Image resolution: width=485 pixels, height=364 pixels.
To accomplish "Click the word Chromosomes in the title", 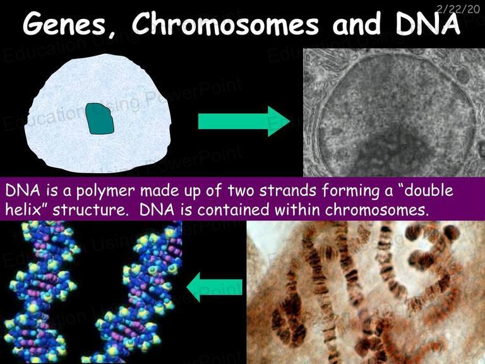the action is click(225, 23).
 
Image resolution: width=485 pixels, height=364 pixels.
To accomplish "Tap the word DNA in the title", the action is click(428, 23).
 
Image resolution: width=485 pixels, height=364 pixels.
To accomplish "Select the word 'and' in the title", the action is click(357, 24).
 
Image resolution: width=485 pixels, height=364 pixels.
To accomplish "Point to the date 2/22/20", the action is click(458, 9).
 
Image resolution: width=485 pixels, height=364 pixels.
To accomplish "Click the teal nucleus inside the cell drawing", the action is click(100, 119).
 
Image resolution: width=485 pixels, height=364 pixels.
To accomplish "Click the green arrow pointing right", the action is click(244, 121).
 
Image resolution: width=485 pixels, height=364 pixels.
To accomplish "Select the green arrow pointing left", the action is click(214, 287).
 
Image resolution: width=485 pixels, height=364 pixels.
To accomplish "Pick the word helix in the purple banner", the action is click(24, 210).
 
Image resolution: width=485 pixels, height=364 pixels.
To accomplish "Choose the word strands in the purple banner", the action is click(288, 190).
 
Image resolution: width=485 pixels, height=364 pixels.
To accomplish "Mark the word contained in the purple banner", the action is click(233, 210).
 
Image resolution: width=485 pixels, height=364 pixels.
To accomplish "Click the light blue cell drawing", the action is click(98, 113).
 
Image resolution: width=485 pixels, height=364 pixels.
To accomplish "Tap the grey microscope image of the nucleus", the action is click(394, 112).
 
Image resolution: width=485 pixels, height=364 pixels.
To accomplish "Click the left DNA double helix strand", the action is click(40, 291).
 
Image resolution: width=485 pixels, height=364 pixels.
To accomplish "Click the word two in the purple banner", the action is click(242, 190).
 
